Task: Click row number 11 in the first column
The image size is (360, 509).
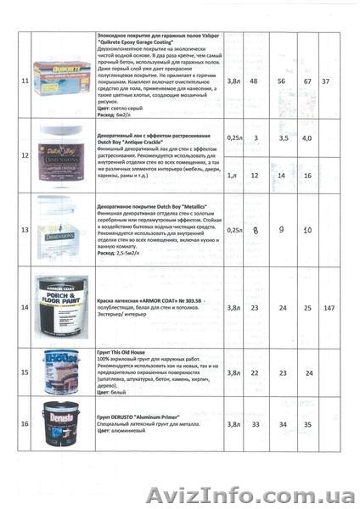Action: [25, 81]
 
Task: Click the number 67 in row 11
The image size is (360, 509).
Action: [307, 81]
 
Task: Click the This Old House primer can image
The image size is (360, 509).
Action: [62, 371]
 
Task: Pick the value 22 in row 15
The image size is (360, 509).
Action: [255, 372]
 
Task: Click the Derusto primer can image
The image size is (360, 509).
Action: [62, 423]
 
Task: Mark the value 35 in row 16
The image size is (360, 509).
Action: [307, 423]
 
